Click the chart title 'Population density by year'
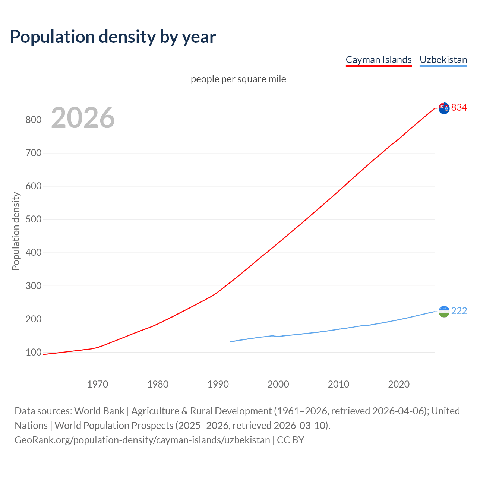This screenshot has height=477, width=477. coord(113,37)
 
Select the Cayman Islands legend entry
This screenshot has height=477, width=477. coord(379,60)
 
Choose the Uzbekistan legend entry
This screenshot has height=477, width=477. coord(443,60)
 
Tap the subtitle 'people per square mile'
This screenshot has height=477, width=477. coord(238,79)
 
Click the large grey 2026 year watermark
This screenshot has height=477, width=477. coord(83,118)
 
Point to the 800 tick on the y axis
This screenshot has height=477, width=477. coord(33,120)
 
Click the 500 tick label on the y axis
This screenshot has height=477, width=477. coord(33,219)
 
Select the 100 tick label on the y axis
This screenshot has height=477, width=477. coord(33,353)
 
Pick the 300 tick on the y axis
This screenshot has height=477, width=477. coord(33,286)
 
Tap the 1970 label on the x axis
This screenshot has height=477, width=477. coord(98,384)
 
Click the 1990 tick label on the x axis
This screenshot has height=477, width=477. coord(218,384)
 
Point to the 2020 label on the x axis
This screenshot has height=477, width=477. coord(399,384)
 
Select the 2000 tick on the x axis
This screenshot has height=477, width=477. coord(278,384)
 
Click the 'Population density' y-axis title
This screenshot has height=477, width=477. coord(16,231)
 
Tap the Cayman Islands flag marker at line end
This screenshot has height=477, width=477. coord(444,108)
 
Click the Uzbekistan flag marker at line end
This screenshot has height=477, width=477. coord(444,312)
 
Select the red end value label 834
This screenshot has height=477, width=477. coord(459,108)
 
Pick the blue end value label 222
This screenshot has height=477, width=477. coord(459,311)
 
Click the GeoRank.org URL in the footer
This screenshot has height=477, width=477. coord(142,440)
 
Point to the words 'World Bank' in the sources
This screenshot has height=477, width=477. coord(99,411)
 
